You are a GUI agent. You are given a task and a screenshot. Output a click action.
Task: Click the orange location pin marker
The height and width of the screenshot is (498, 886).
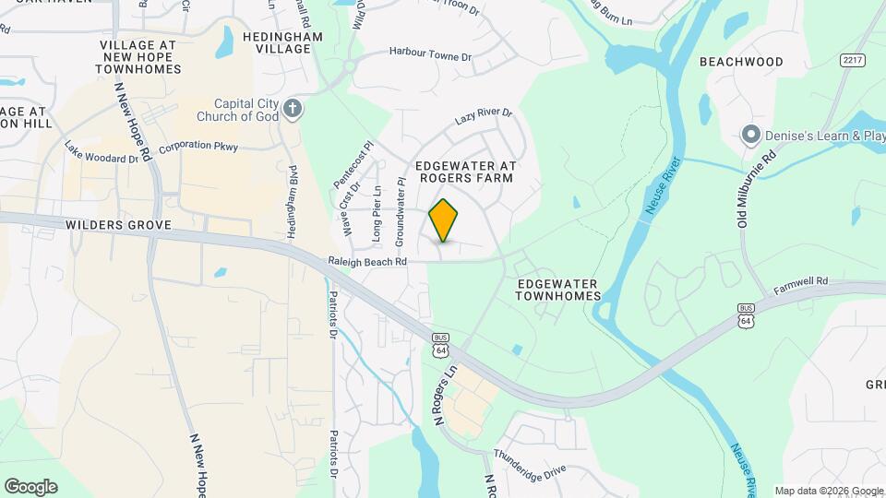(x=444, y=220)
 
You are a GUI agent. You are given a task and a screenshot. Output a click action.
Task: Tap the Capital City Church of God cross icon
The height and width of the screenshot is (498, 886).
(x=293, y=110)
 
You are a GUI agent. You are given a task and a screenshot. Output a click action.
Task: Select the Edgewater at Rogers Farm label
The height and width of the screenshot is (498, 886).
(x=465, y=172)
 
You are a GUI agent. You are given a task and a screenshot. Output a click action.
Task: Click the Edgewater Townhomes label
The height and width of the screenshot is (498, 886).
(x=558, y=290)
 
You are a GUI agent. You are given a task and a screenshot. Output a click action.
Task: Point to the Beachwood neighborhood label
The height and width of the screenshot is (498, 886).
(x=741, y=62)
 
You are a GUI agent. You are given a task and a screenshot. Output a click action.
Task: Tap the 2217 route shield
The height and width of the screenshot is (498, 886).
(x=853, y=60)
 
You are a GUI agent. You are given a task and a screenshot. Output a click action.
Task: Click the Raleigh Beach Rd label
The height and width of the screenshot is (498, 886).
(x=367, y=262)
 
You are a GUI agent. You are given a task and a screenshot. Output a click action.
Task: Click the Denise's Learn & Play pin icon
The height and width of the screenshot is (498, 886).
(x=750, y=136)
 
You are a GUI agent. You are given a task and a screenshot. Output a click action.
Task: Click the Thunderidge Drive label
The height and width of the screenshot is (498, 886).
(x=529, y=463)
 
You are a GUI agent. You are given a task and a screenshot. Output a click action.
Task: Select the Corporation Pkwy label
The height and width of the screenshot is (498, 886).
(x=198, y=147)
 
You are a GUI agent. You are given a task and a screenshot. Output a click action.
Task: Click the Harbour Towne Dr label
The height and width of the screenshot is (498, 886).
(x=430, y=55)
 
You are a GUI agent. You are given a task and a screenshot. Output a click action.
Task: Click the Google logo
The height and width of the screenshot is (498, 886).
(x=30, y=486)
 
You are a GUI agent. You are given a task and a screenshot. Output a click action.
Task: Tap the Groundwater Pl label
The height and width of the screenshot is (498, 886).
(x=401, y=213)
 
